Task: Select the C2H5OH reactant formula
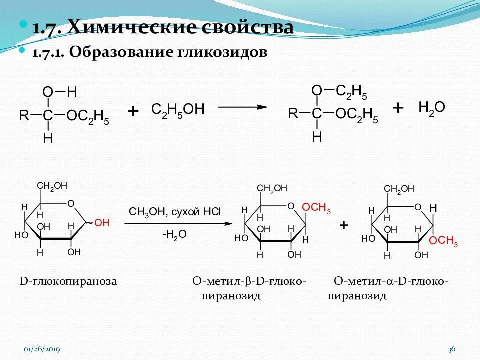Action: (x=178, y=110)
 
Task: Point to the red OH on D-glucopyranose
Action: (x=101, y=223)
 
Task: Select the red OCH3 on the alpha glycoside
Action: (x=443, y=241)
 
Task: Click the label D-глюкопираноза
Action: (x=68, y=281)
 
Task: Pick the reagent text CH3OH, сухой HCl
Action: (x=174, y=211)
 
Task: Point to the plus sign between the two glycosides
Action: (x=344, y=225)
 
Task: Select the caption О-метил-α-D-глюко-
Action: (x=391, y=281)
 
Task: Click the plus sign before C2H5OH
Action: (x=133, y=111)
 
